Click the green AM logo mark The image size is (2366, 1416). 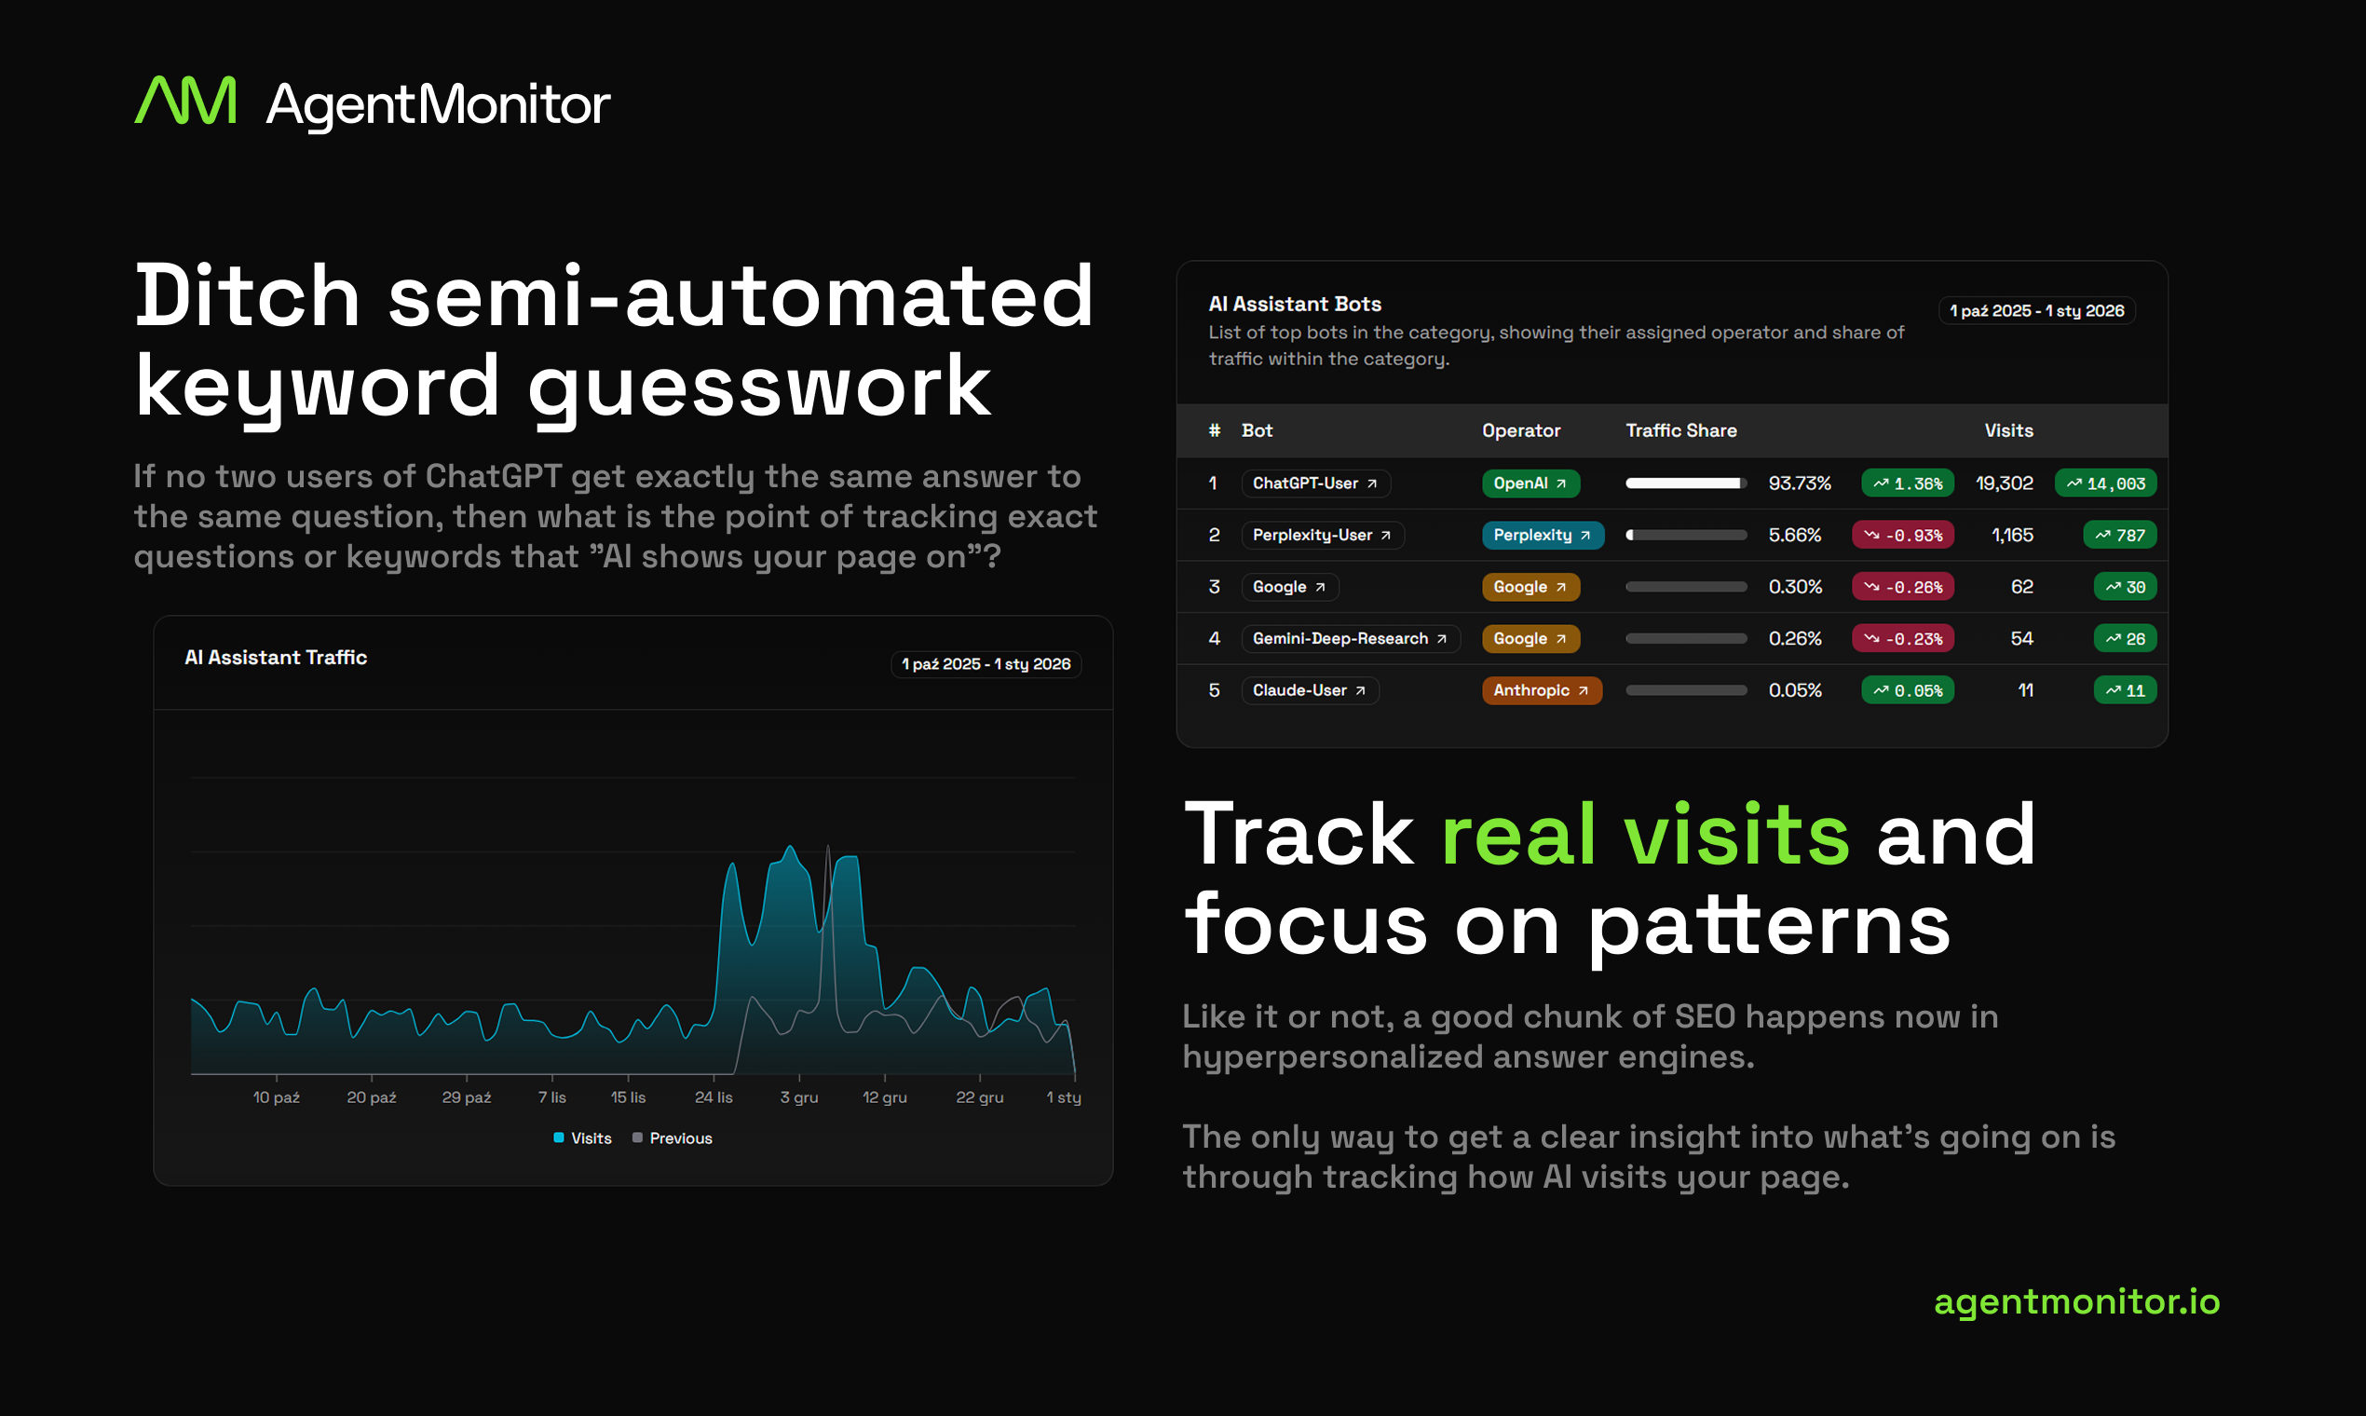185,102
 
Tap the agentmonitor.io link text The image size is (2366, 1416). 2076,1301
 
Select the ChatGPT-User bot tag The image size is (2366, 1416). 1314,483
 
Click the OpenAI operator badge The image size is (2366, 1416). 1530,483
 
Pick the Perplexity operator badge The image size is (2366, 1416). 1542,536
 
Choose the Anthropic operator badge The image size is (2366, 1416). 1541,690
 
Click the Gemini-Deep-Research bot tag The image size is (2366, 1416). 1349,638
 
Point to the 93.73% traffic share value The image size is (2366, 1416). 1800,483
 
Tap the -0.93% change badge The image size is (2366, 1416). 1902,536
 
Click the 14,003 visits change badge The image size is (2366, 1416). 2104,483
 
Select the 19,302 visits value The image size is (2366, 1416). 2004,483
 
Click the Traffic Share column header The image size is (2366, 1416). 1681,430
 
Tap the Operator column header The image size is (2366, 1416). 1521,430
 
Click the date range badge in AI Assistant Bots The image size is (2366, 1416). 2036,311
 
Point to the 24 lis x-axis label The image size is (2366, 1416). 714,1097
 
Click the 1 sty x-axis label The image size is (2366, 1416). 1064,1097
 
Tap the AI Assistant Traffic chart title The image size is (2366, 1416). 276,658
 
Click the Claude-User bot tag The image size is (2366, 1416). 1309,690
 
